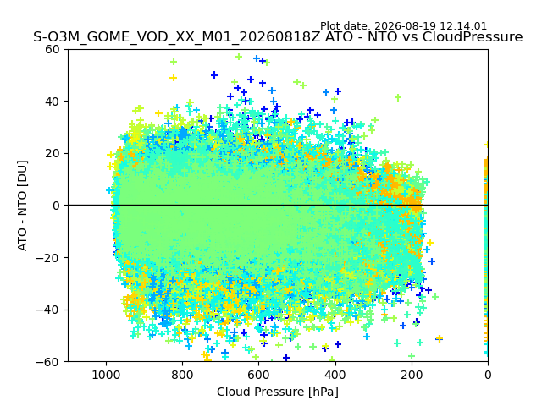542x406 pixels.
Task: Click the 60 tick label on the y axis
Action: (52, 49)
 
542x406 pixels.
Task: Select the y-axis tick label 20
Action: (52, 153)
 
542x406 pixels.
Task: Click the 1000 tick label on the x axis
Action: (106, 375)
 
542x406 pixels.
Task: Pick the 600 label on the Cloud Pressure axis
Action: (258, 375)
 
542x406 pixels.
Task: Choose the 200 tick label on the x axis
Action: (412, 375)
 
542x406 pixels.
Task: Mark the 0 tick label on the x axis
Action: (488, 375)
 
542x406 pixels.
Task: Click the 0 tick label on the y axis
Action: (56, 206)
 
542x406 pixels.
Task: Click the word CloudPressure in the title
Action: (473, 37)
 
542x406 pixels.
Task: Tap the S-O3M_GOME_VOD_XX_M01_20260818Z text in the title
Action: (177, 37)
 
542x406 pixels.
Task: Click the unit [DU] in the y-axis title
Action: (22, 173)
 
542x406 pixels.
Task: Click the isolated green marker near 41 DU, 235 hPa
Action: (398, 98)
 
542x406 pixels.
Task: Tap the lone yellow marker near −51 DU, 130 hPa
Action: (439, 338)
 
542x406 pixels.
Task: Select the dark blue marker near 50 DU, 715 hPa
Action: (214, 75)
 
